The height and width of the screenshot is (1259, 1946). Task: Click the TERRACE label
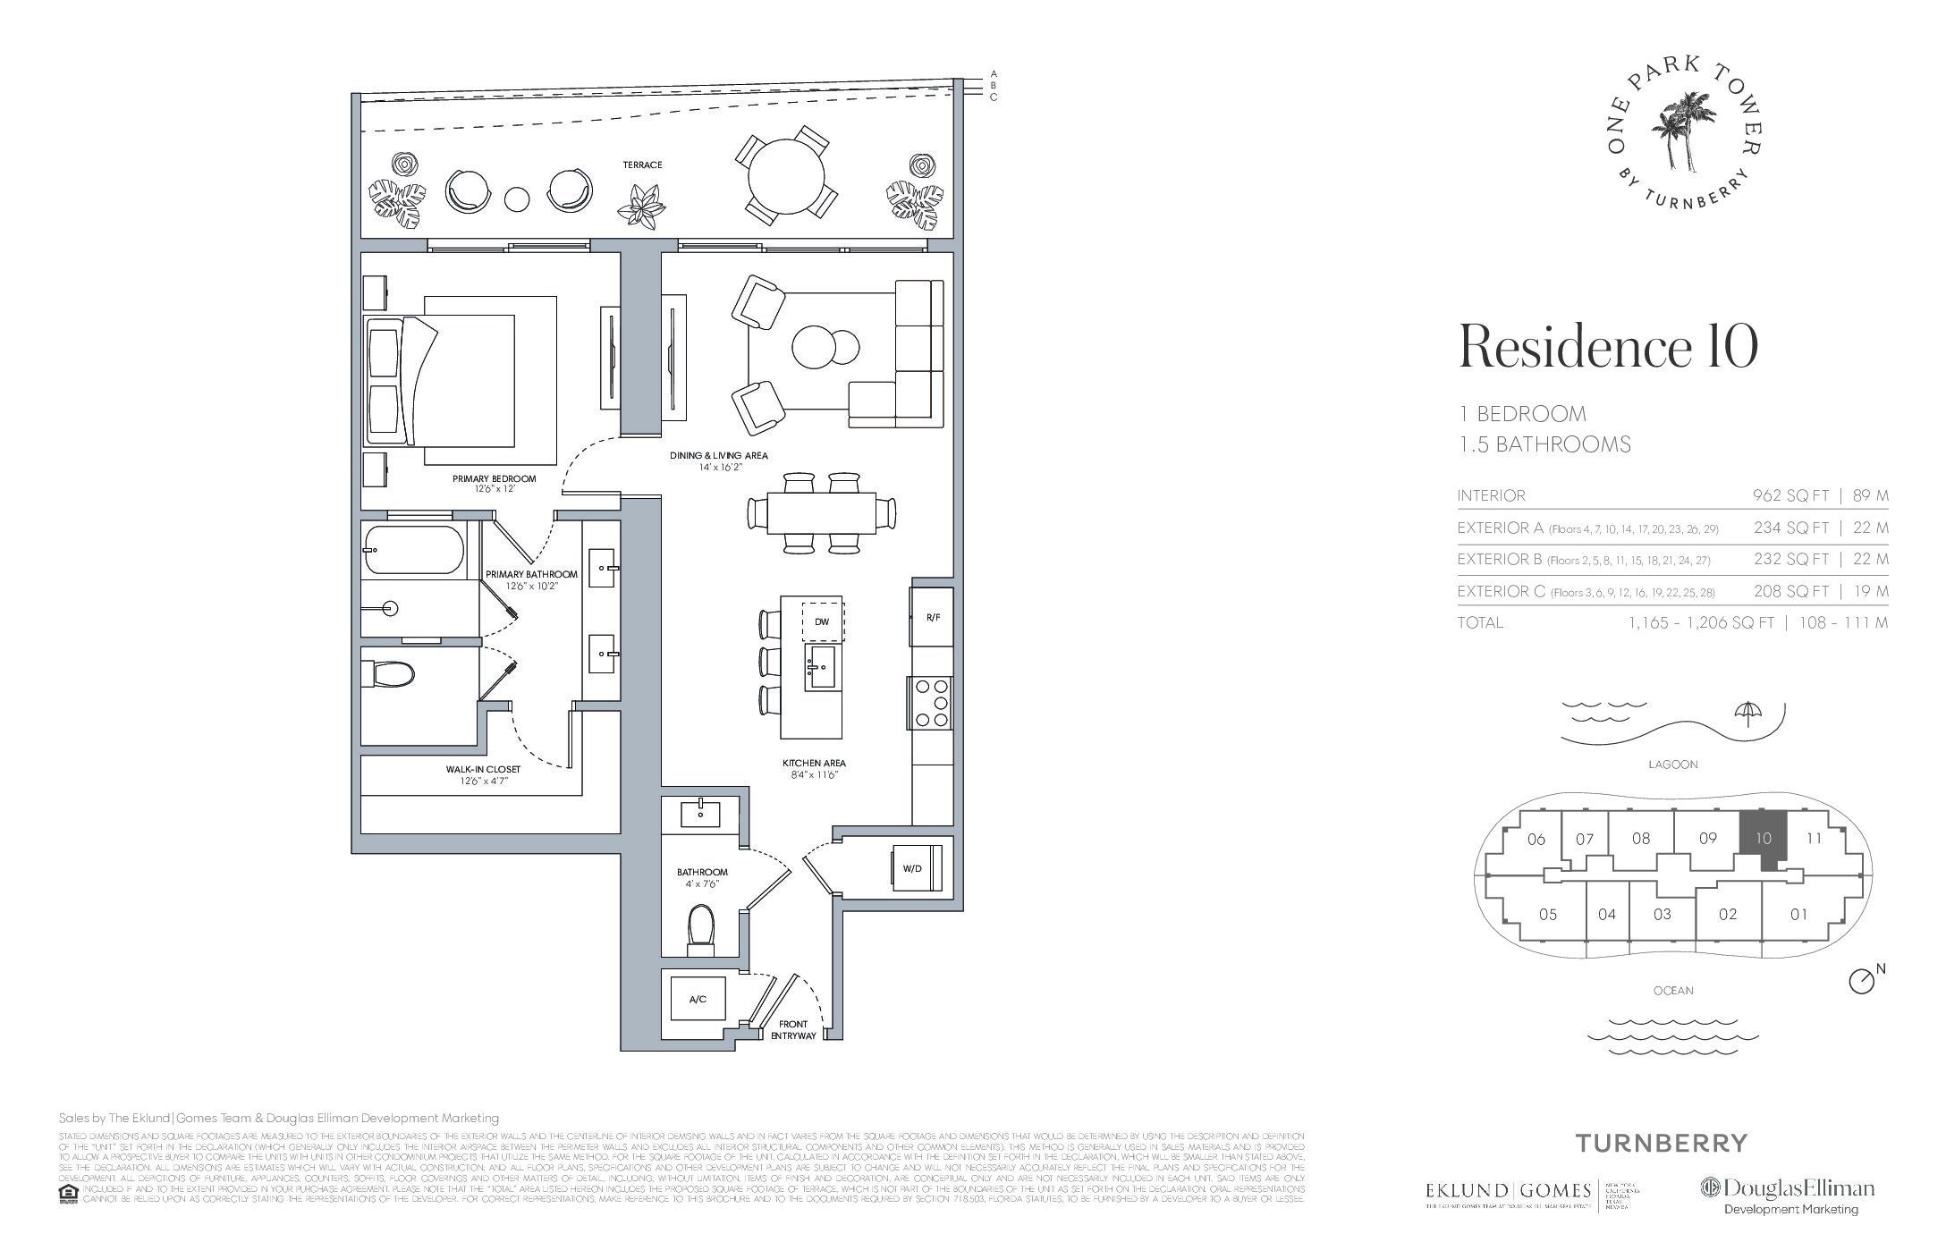click(643, 165)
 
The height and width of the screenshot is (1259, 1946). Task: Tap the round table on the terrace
click(787, 175)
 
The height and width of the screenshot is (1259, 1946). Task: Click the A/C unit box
click(698, 999)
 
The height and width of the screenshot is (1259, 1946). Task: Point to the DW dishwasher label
click(822, 621)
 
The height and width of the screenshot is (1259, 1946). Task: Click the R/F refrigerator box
click(932, 617)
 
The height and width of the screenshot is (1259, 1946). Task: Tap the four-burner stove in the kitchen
click(931, 704)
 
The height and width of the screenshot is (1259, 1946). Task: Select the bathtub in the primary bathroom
click(414, 552)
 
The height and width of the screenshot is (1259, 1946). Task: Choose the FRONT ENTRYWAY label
click(793, 1029)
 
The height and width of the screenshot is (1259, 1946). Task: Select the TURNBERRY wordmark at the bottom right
click(1660, 1143)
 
